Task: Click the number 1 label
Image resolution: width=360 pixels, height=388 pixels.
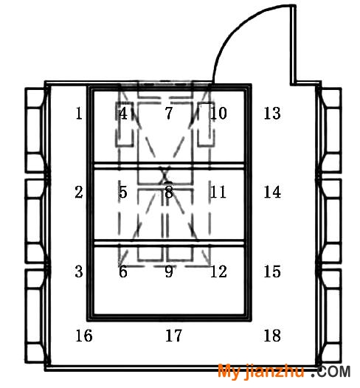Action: pyautogui.click(x=79, y=114)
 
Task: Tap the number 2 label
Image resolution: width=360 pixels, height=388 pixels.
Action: pyautogui.click(x=79, y=192)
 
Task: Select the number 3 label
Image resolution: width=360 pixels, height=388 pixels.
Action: pyautogui.click(x=79, y=271)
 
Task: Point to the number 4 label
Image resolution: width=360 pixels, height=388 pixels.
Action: pyautogui.click(x=123, y=114)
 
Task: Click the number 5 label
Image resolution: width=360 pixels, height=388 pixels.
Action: pyautogui.click(x=123, y=192)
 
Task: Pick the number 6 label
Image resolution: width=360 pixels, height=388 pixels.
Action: pyautogui.click(x=123, y=271)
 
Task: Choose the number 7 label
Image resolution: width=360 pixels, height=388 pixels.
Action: pyautogui.click(x=169, y=114)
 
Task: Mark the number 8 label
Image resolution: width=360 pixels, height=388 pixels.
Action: pyautogui.click(x=169, y=192)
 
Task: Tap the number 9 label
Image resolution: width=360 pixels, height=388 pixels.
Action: pyautogui.click(x=169, y=271)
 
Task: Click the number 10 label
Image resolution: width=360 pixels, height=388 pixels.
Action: pyautogui.click(x=218, y=114)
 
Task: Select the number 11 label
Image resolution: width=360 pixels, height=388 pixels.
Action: pyautogui.click(x=218, y=192)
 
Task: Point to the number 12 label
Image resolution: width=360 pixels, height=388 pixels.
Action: pyautogui.click(x=218, y=271)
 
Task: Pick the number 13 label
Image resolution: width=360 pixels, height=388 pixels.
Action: pyautogui.click(x=272, y=114)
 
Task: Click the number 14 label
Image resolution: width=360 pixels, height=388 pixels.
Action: pyautogui.click(x=272, y=192)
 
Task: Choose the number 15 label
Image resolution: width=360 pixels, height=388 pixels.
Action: pyautogui.click(x=272, y=271)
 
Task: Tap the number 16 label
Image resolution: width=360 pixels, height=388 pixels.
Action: pyautogui.click(x=84, y=336)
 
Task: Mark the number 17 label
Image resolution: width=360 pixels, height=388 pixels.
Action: pyautogui.click(x=173, y=336)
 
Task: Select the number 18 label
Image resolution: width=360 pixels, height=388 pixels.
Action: pyautogui.click(x=272, y=336)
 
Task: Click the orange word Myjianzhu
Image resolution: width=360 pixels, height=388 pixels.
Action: pyautogui.click(x=261, y=372)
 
